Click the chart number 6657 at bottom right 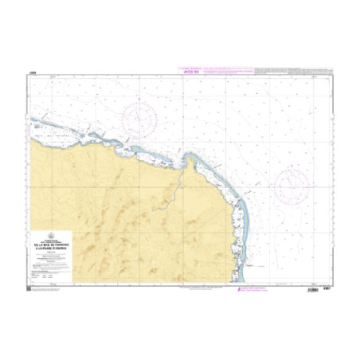[327, 291]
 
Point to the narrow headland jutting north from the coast [190, 162]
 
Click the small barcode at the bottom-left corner [33, 291]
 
